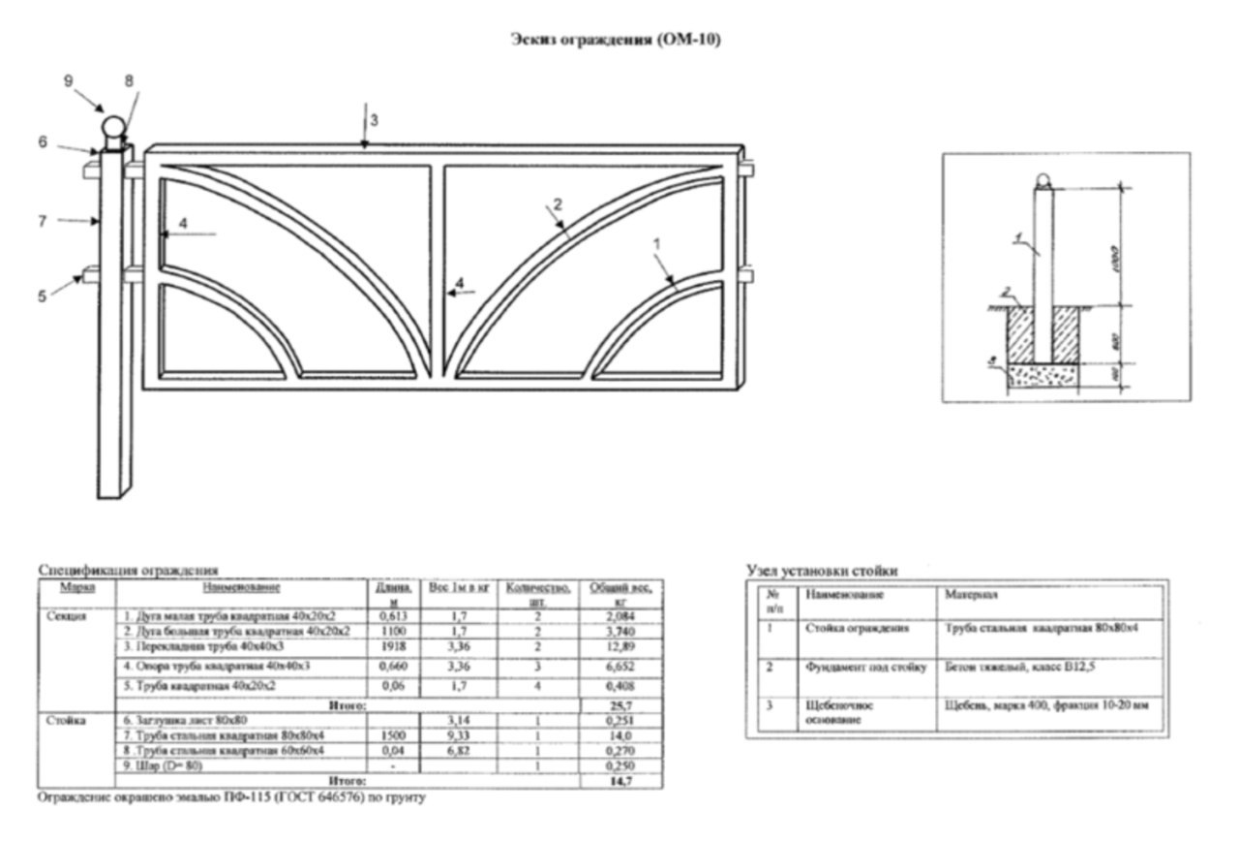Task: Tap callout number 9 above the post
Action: tap(69, 81)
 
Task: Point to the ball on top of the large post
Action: tap(114, 129)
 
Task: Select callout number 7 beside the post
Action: tap(43, 221)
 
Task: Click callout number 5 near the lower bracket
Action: tap(43, 296)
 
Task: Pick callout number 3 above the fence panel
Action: tap(374, 120)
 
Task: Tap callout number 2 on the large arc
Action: tap(557, 203)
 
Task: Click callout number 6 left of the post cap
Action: tap(43, 141)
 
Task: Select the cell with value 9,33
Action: tap(447, 734)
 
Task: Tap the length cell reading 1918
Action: tap(390, 646)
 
